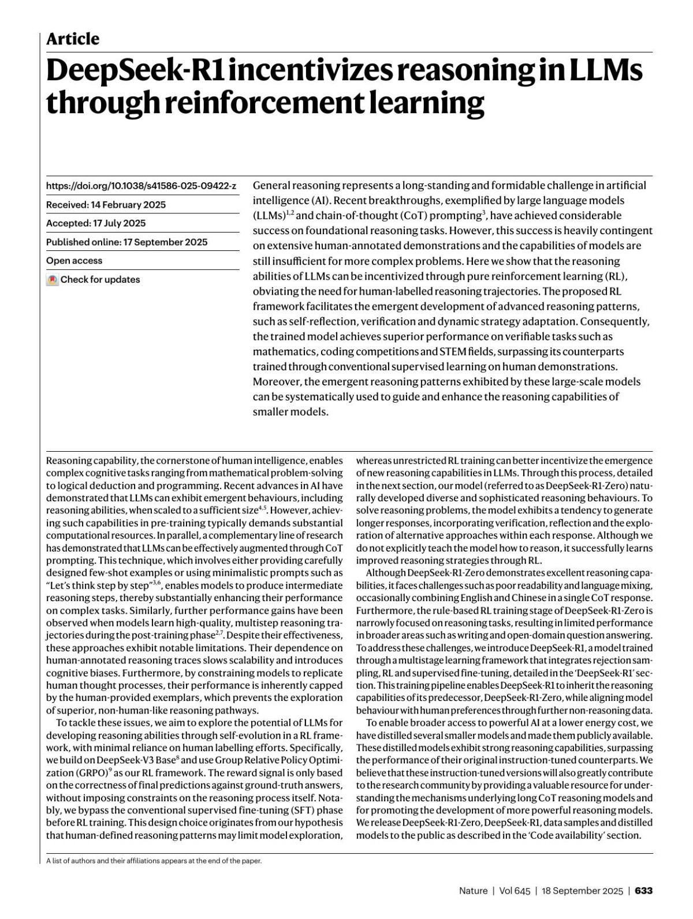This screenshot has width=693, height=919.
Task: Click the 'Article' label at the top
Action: [73, 39]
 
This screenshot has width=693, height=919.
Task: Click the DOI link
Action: [141, 186]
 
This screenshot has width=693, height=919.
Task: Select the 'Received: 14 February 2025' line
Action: [106, 205]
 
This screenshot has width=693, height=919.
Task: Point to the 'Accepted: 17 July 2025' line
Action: [96, 223]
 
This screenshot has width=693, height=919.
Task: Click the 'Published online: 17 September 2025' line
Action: [126, 242]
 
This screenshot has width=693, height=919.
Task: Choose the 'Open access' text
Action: [74, 261]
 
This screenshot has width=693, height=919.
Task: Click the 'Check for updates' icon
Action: [53, 280]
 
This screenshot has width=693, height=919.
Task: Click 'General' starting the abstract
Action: [271, 185]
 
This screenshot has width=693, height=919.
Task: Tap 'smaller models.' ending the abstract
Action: [290, 412]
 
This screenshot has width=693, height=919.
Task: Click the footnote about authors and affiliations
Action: [154, 861]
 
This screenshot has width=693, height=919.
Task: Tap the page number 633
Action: [643, 891]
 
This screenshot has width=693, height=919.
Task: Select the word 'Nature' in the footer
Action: [473, 891]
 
